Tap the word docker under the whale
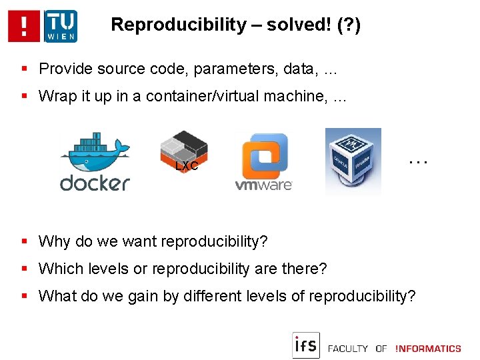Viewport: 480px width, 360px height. tap(95, 182)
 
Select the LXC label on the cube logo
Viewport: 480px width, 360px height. tap(187, 166)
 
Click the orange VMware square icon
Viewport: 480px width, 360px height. tap(264, 155)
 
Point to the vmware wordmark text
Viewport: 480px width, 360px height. tap(263, 185)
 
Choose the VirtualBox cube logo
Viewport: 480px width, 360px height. tap(353, 160)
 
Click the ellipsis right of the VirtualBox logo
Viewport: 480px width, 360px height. tap(417, 161)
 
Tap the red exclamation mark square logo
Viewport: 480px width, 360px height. tap(24, 26)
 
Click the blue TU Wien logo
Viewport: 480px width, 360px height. tap(60, 26)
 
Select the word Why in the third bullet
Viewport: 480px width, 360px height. tap(54, 241)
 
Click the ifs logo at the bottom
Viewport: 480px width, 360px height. tap(306, 345)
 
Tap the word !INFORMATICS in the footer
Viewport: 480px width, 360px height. tap(428, 348)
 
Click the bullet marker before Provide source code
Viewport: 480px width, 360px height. tap(25, 69)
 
